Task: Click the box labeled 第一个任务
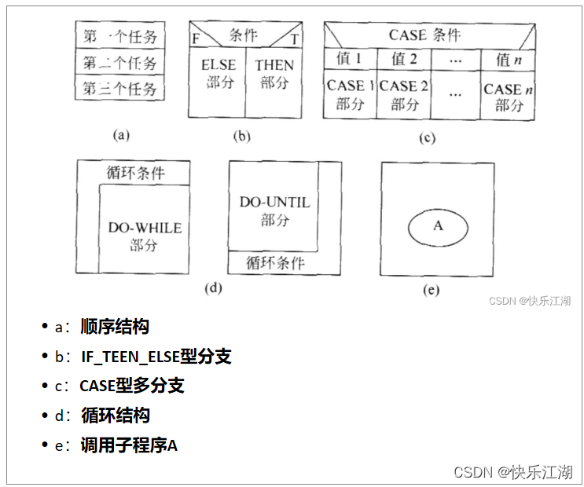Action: [120, 36]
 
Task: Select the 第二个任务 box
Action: [120, 62]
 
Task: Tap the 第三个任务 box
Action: [120, 88]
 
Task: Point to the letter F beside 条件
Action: [195, 38]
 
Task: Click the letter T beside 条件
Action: [294, 38]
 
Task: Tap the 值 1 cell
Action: [349, 59]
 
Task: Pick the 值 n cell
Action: [508, 59]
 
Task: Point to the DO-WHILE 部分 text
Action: [145, 236]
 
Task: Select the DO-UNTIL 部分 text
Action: [274, 211]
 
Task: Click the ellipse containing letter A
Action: [438, 225]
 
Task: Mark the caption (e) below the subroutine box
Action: [431, 290]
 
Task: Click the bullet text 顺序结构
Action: [115, 327]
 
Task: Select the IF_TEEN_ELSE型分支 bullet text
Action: [156, 357]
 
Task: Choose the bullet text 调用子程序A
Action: [129, 445]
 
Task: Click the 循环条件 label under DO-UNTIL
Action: [274, 263]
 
